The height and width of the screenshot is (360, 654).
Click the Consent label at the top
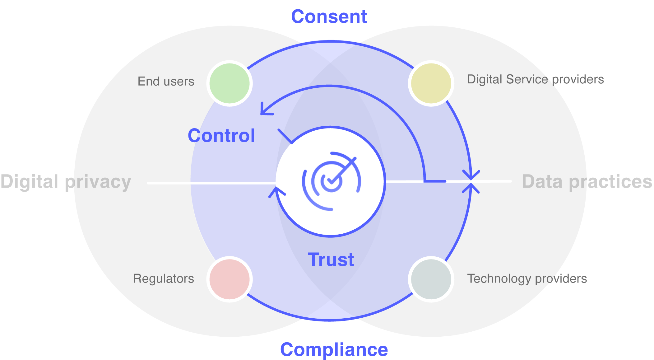[x=329, y=16]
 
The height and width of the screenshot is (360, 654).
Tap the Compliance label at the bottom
[x=334, y=349]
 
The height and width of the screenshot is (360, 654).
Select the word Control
[x=221, y=136]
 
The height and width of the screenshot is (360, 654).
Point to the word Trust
[x=331, y=259]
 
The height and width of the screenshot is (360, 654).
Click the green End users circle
[x=230, y=83]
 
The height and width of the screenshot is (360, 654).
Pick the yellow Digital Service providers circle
[x=431, y=83]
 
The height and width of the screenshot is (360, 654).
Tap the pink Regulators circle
[x=230, y=279]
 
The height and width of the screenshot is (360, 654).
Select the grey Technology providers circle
[x=431, y=279]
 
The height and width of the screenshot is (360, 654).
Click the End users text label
[x=166, y=81]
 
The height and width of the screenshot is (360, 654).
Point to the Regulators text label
[x=163, y=278]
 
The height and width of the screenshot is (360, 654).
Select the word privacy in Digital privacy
[x=98, y=182]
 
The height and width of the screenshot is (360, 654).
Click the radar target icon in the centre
[x=331, y=181]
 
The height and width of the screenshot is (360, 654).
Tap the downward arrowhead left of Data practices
[x=471, y=175]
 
